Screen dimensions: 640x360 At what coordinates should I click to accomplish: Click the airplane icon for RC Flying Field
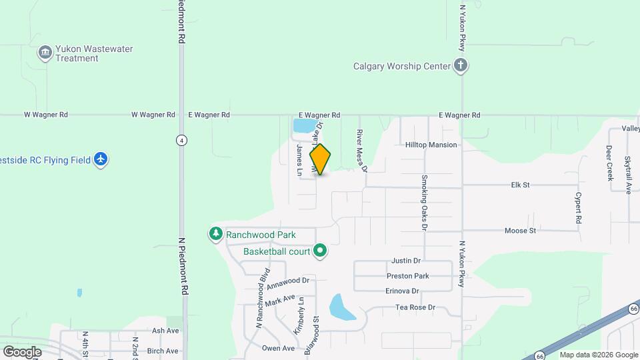point(101,160)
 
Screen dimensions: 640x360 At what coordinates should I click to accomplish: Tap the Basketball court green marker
point(320,251)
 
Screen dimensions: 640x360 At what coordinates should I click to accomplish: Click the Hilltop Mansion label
point(431,145)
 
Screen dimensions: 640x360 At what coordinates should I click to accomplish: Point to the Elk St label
point(520,185)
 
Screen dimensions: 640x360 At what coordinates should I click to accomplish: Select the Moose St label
point(520,231)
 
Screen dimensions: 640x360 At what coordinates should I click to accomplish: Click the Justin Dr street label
point(406,261)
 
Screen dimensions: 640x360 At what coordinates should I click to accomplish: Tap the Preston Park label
point(407,276)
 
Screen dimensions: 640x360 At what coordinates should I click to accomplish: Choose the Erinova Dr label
point(402,291)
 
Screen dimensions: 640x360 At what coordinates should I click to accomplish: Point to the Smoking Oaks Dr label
point(424,203)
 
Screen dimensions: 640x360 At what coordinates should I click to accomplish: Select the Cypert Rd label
point(579,208)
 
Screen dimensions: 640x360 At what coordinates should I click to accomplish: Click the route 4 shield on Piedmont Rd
point(181,140)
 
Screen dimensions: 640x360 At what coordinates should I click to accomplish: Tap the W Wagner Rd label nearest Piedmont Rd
point(153,115)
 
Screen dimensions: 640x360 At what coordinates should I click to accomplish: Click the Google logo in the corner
point(22,351)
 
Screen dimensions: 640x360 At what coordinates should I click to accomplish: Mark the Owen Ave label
point(278,348)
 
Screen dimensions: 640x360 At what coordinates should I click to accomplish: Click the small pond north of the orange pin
point(303,125)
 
